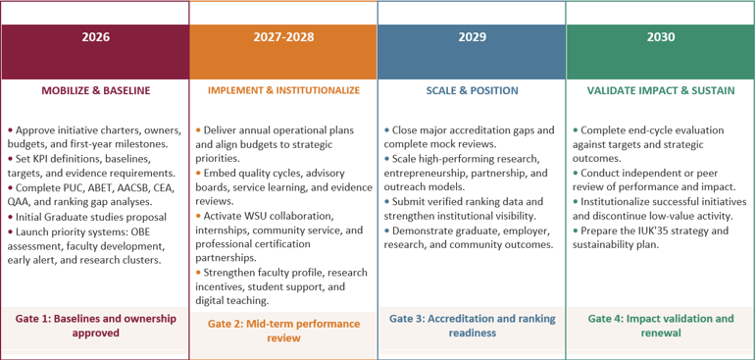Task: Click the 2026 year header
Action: (95, 37)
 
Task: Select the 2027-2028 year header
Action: (284, 37)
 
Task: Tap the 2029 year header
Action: (472, 37)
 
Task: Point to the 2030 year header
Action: (661, 37)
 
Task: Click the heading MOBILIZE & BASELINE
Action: (95, 90)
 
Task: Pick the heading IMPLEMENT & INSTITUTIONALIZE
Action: (284, 90)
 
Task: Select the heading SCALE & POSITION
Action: (472, 90)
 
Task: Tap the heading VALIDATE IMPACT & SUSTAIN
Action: (661, 90)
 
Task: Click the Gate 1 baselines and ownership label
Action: (95, 326)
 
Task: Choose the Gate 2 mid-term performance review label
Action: (284, 330)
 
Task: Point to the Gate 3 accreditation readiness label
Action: (472, 326)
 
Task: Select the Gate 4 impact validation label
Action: (661, 326)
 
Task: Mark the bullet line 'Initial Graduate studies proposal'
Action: (87, 217)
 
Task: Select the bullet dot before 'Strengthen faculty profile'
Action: (198, 273)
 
